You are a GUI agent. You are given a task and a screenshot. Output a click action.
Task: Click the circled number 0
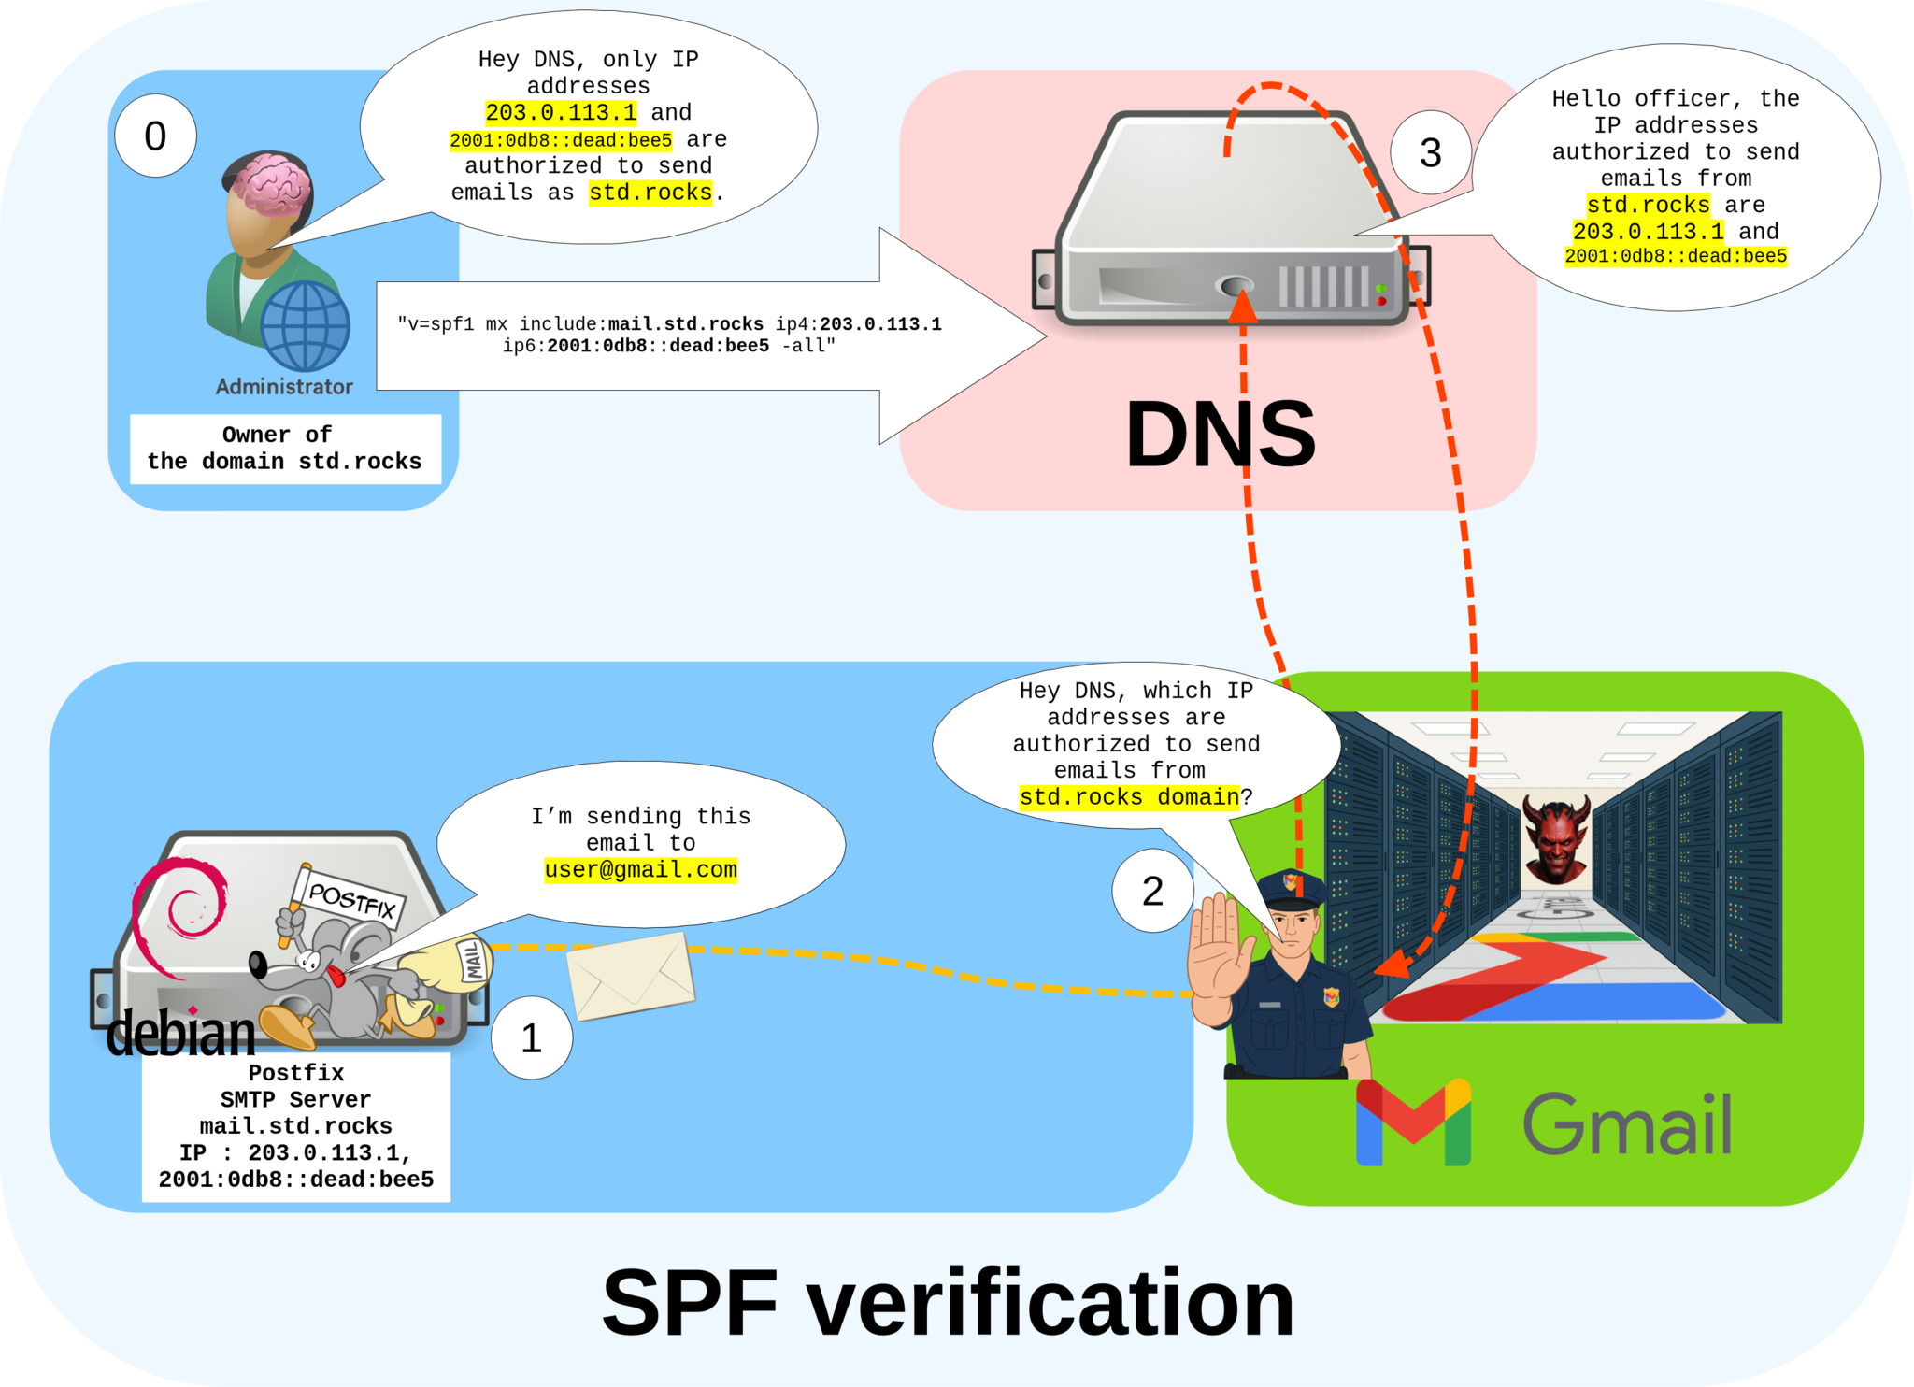(x=155, y=136)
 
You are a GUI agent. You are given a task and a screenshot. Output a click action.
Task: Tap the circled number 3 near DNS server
(x=1430, y=153)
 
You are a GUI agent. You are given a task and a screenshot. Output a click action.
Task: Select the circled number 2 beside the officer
(x=1152, y=891)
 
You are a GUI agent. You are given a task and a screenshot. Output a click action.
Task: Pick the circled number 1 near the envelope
(x=531, y=1038)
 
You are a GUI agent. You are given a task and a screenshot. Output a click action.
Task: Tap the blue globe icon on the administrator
(x=305, y=326)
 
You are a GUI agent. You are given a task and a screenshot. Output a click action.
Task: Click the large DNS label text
(x=1220, y=435)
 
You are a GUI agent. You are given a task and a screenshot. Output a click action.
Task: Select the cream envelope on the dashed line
(x=632, y=976)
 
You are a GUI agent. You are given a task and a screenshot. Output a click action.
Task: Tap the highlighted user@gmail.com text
(x=640, y=870)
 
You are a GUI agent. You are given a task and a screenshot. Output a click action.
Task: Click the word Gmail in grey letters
(x=1626, y=1123)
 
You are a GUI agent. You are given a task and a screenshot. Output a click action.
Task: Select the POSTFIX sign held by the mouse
(x=351, y=899)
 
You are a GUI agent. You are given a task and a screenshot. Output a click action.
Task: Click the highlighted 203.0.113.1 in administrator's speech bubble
(x=561, y=113)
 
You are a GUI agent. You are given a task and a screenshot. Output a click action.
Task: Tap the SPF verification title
(x=948, y=1303)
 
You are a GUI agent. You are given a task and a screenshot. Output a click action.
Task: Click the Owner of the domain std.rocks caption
(x=284, y=449)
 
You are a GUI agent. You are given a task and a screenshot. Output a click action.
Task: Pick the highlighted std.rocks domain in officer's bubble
(x=1129, y=797)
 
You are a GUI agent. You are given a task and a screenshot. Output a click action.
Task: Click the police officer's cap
(x=1292, y=887)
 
